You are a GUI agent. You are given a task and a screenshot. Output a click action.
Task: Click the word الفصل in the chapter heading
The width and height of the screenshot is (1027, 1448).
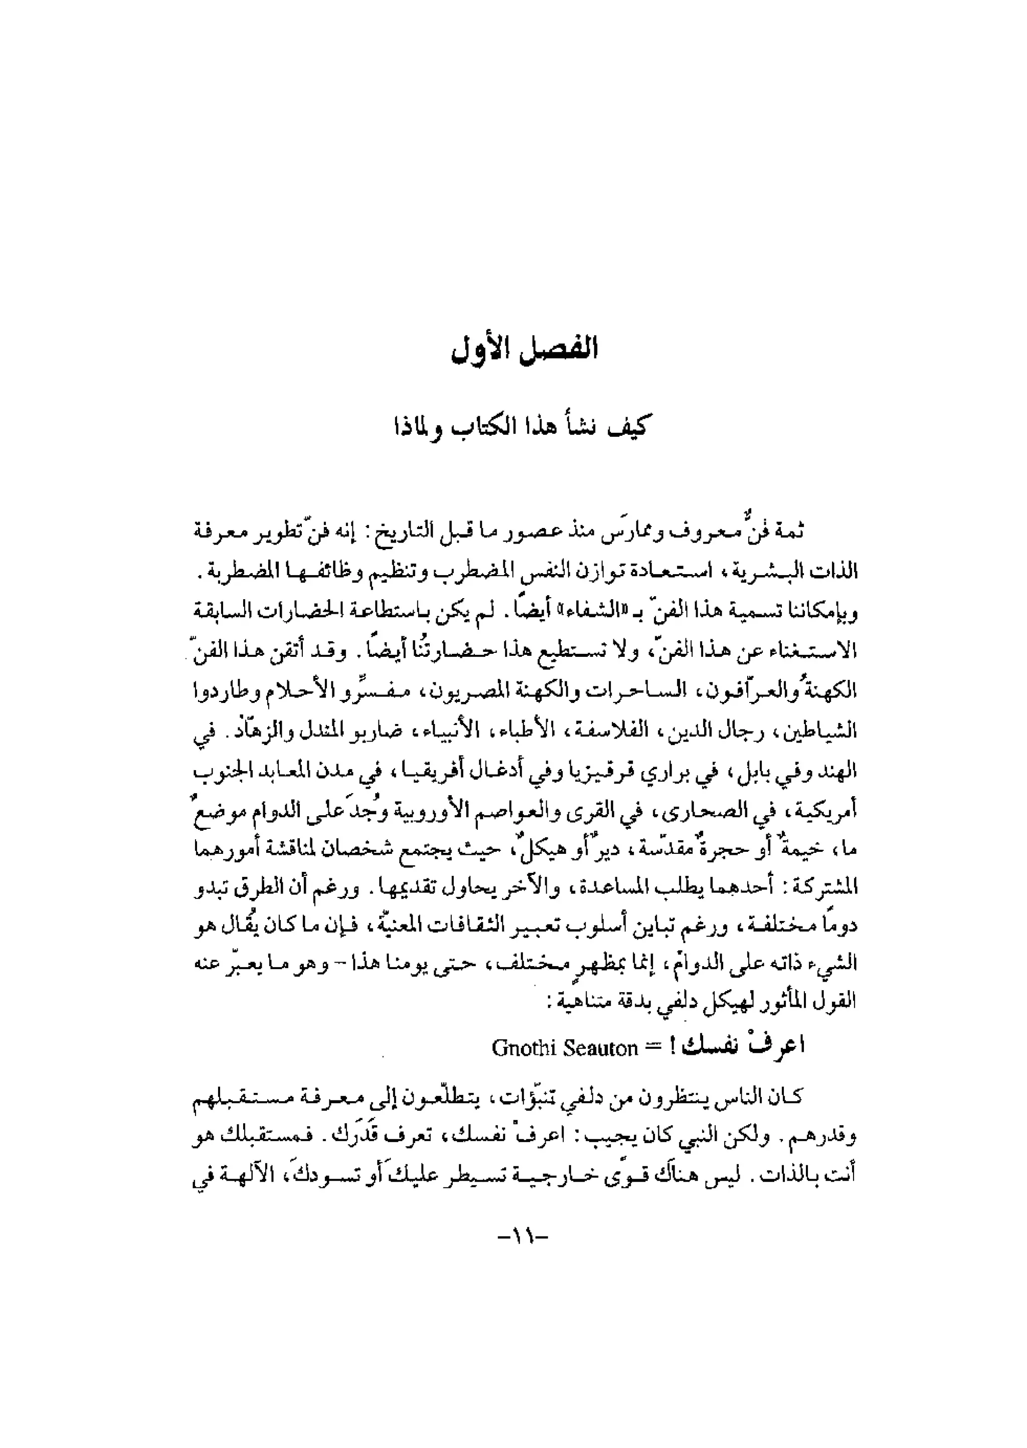click(x=560, y=349)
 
